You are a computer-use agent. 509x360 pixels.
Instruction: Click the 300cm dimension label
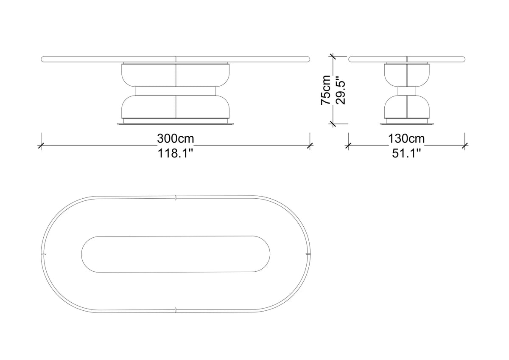176,138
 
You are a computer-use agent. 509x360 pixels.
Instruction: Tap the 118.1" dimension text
175,153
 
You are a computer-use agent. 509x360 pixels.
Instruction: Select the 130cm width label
406,138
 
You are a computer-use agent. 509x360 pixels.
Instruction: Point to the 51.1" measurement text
406,153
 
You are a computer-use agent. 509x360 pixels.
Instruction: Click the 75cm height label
326,90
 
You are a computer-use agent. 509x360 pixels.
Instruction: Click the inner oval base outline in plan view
81,254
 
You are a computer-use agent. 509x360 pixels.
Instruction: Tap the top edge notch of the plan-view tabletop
176,198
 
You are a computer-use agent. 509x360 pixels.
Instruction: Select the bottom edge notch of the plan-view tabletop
176,310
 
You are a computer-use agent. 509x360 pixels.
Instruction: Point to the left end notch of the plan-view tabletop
43,253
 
